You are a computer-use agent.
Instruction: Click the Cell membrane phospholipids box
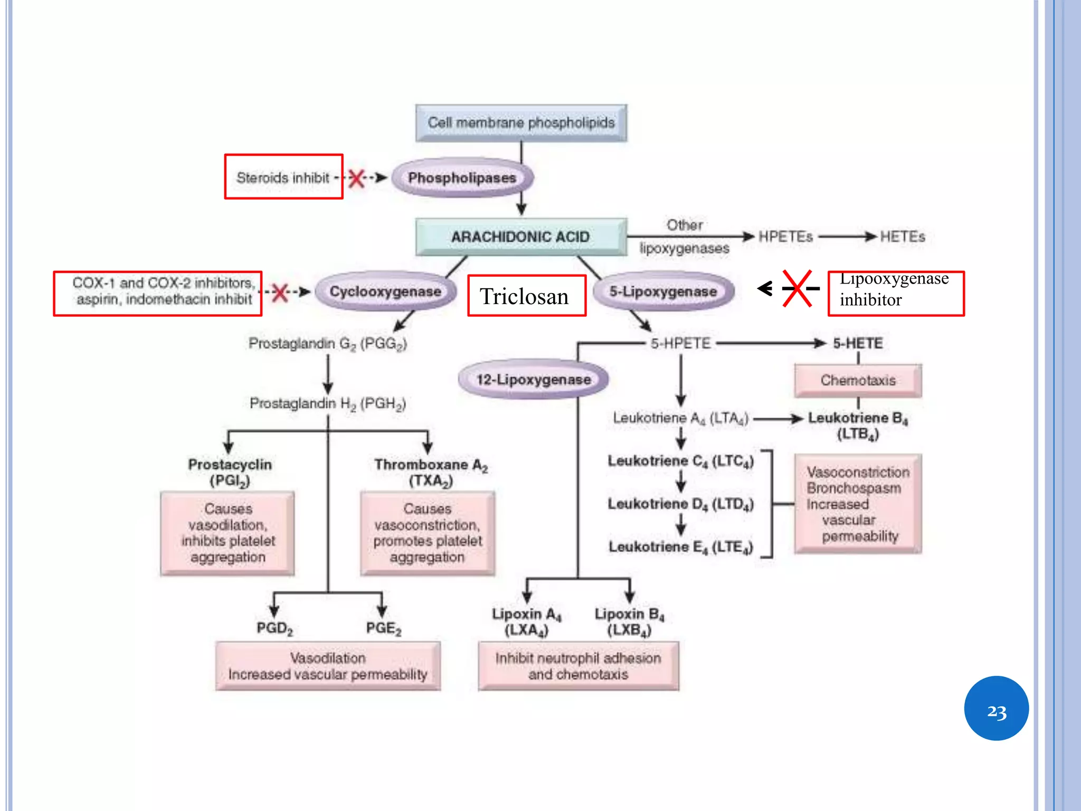pos(521,123)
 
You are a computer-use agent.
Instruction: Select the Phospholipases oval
pos(462,178)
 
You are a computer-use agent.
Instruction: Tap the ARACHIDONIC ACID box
pos(521,237)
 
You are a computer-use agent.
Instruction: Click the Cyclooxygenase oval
pos(385,291)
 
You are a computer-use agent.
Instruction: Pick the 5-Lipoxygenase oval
pos(663,291)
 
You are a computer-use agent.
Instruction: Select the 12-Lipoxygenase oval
pos(533,380)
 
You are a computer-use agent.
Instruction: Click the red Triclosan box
pos(526,296)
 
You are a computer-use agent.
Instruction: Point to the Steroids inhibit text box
pos(283,177)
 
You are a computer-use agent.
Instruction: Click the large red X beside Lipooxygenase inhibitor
pos(797,288)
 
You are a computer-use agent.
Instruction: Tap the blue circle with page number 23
pos(996,708)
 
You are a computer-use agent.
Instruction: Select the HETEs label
pos(902,237)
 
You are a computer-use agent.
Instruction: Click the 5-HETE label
pos(858,343)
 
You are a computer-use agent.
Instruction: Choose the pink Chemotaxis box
pos(858,380)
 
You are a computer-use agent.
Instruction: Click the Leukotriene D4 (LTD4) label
pos(680,504)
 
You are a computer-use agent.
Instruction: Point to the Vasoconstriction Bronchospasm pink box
pos(858,504)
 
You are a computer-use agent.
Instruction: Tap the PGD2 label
pos(274,628)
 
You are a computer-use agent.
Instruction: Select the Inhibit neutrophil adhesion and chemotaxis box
pos(578,666)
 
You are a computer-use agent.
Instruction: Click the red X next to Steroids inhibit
pos(357,178)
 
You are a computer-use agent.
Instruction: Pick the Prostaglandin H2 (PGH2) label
pos(327,404)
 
